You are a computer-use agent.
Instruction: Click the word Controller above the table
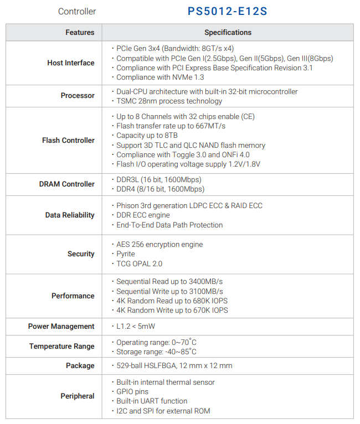pyautogui.click(x=77, y=12)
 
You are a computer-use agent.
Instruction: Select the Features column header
pyautogui.click(x=80, y=32)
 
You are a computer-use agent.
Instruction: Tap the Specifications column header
pyautogui.click(x=228, y=32)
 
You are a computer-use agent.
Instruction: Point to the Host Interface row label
pyautogui.click(x=71, y=63)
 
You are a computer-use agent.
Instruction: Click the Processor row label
pyautogui.click(x=78, y=96)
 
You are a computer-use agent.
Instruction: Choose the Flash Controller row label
pyautogui.click(x=68, y=141)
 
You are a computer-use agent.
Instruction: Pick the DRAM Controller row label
pyautogui.click(x=67, y=184)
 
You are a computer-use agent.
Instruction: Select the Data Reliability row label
pyautogui.click(x=70, y=215)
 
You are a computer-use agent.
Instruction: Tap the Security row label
pyautogui.click(x=81, y=254)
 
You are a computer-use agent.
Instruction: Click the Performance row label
pyautogui.click(x=73, y=296)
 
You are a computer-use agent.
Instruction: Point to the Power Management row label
pyautogui.click(x=61, y=327)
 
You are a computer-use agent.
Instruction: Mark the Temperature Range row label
pyautogui.click(x=62, y=347)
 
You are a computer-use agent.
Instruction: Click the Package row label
pyautogui.click(x=80, y=366)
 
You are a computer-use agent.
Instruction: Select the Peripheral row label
pyautogui.click(x=78, y=396)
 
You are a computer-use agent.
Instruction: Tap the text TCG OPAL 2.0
pyautogui.click(x=139, y=264)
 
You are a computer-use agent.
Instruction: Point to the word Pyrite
pyautogui.click(x=126, y=254)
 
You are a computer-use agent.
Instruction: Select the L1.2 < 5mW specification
pyautogui.click(x=136, y=327)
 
